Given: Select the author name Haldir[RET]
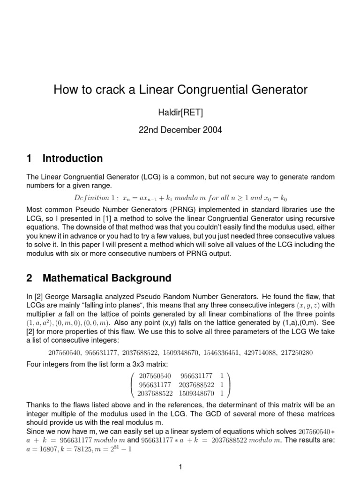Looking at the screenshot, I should tap(180, 112).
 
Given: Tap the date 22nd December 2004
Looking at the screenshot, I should tap(180, 130).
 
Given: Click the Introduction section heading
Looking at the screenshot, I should tap(73, 158).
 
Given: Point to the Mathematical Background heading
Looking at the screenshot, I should tap(107, 278).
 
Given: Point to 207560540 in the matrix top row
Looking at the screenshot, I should tap(155, 375).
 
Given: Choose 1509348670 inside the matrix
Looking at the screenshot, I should tap(197, 392).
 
